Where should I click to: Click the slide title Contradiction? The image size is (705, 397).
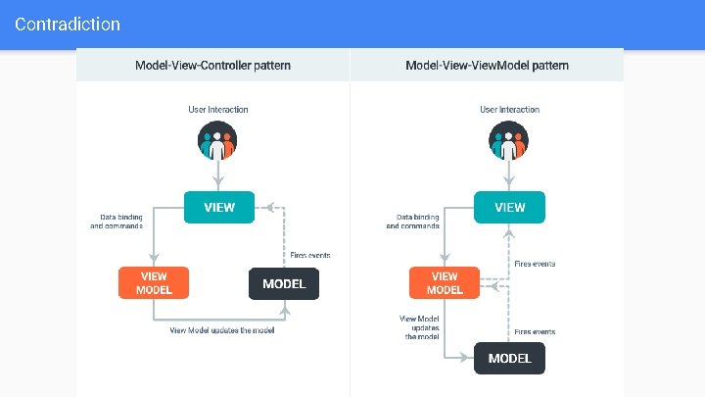coord(68,24)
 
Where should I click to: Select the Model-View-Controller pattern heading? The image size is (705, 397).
coord(212,66)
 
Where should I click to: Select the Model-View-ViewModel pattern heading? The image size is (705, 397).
coord(487,66)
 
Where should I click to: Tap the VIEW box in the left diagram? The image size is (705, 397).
coord(218,207)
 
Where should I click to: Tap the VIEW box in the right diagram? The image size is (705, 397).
coord(509,207)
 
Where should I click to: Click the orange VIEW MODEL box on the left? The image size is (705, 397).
coord(154,283)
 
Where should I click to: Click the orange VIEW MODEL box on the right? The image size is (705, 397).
coord(445,283)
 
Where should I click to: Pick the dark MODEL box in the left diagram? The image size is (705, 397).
coord(284,283)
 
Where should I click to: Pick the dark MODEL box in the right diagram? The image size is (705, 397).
coord(509,358)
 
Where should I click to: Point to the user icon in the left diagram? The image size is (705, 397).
coord(218,142)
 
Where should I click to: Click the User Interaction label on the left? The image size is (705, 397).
coord(218,109)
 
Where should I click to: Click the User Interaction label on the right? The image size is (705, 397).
coord(509,109)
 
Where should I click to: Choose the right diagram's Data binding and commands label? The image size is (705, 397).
coord(412,221)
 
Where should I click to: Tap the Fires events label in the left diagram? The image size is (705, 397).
coord(309,255)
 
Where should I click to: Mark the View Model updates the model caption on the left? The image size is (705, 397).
coord(222,330)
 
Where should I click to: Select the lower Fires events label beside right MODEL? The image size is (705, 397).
coord(535,331)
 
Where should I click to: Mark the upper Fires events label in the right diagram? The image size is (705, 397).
coord(535,264)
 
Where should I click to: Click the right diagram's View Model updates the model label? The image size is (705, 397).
coord(419,327)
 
